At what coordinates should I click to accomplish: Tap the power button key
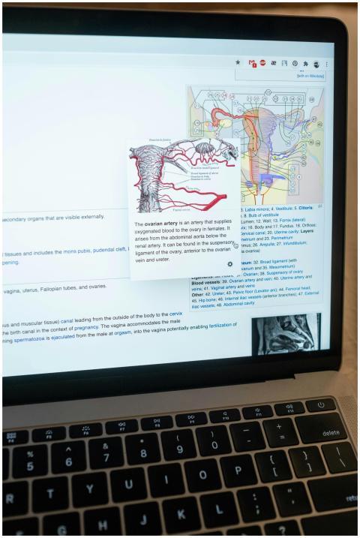coord(321,404)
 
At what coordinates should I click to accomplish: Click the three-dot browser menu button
coord(326,65)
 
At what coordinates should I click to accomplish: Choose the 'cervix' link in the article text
coord(175,314)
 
